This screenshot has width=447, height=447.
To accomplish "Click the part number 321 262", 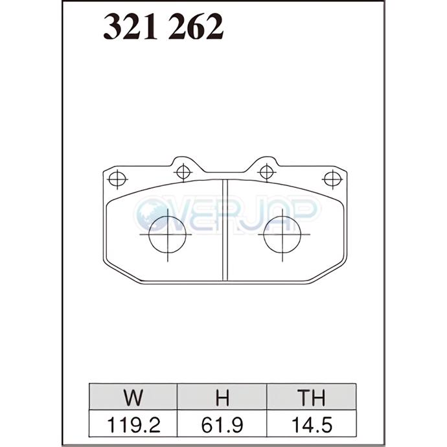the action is click(x=163, y=27).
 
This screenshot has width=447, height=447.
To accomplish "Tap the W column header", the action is click(x=133, y=397).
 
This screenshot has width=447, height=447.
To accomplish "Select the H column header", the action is click(x=222, y=397).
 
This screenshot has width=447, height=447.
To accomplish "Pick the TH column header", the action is click(x=311, y=397).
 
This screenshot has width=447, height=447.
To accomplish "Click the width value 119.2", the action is click(x=133, y=425).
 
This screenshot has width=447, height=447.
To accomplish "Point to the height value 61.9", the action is click(x=222, y=425).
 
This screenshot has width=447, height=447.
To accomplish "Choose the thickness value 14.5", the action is click(x=312, y=425).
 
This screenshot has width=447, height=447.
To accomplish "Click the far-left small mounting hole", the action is click(x=117, y=179).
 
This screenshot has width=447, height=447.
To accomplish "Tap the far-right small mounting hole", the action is click(x=333, y=179).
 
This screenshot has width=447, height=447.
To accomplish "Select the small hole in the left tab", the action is click(x=183, y=172).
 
